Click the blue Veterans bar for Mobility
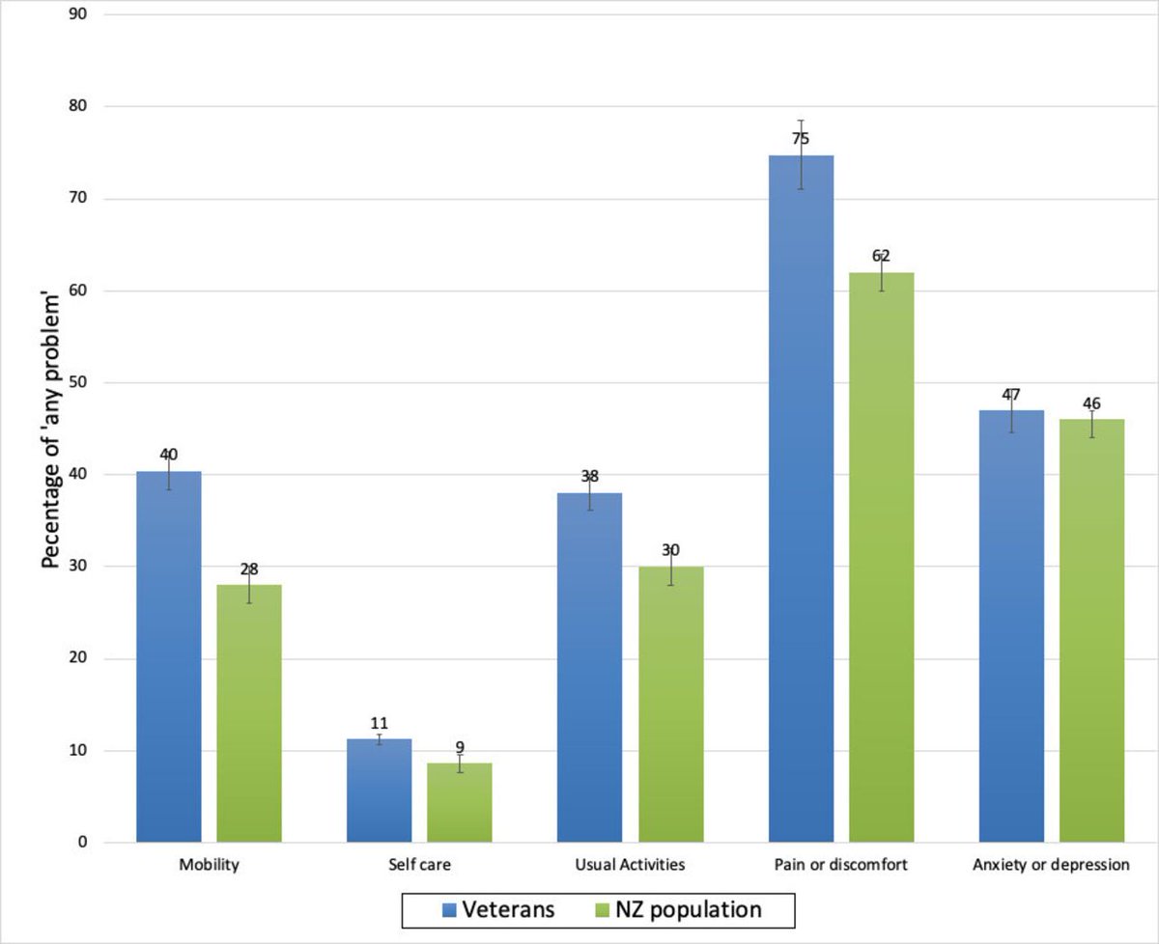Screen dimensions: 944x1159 (x=169, y=656)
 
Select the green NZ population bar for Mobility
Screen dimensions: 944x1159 (x=249, y=713)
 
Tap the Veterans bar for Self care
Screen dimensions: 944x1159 (x=379, y=791)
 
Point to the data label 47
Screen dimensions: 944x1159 (x=1011, y=395)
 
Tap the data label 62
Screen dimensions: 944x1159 (x=881, y=256)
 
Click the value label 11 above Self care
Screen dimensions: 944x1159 (x=379, y=722)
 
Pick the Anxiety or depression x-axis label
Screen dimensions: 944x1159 (x=1051, y=866)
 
